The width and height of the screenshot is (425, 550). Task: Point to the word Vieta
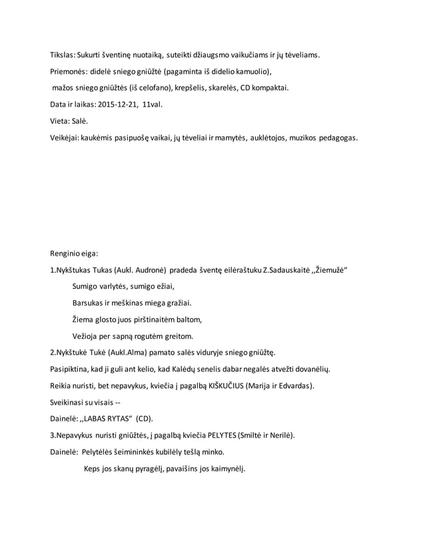pos(60,122)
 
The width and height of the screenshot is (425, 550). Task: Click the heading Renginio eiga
pos(73,253)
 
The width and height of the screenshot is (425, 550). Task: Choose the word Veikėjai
pos(64,138)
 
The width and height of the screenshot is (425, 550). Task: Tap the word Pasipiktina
pos(71,369)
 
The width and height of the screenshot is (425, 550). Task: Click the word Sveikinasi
pos(69,403)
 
